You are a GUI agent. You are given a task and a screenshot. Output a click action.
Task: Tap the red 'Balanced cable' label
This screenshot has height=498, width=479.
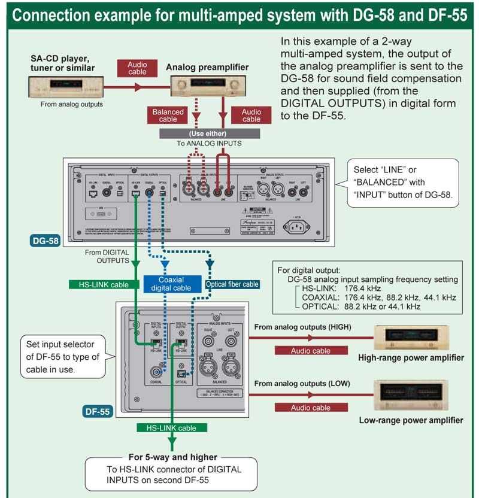point(168,115)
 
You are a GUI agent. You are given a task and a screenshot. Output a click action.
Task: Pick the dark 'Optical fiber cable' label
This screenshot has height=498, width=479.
point(232,284)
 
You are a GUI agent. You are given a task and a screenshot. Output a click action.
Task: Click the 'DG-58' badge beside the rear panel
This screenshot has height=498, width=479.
point(45,242)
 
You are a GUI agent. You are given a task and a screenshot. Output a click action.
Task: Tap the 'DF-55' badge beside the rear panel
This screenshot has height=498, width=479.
point(98,411)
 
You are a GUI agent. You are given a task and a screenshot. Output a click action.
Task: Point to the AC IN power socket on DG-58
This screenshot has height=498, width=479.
point(301,226)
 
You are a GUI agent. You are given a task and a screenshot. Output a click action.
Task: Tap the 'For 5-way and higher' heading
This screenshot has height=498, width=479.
point(173,457)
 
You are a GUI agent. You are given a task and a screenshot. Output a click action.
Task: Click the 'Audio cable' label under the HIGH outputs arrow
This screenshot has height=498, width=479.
point(310,351)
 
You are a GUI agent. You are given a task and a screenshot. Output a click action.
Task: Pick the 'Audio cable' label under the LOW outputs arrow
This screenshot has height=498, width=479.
point(310,408)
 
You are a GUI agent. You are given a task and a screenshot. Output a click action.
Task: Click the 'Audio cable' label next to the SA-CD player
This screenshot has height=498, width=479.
point(137,68)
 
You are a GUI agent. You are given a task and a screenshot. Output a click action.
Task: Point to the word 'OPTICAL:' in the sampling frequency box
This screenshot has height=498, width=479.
point(321,306)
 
